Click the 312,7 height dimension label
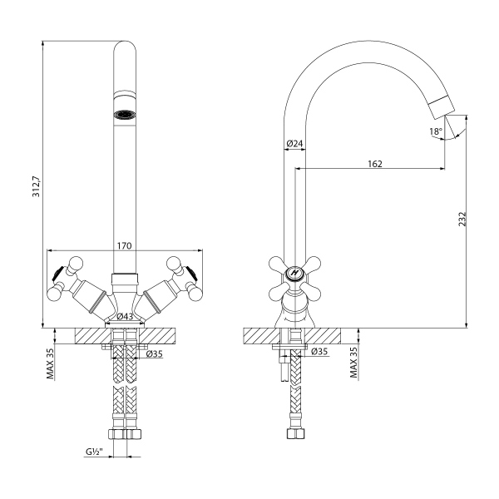[36, 186]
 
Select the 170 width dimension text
[124, 246]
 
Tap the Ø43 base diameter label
[125, 317]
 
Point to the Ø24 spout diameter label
[294, 144]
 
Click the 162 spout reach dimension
[375, 164]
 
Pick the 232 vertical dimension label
[462, 219]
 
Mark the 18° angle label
[436, 131]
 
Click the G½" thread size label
[93, 452]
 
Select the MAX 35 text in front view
[50, 363]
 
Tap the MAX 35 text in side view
[354, 362]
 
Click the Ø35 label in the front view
[155, 353]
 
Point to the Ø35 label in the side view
[319, 351]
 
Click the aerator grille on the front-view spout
[125, 114]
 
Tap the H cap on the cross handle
[295, 274]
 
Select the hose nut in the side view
[295, 434]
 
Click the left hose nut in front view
[117, 434]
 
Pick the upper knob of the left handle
[76, 264]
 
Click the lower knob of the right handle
[195, 293]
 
